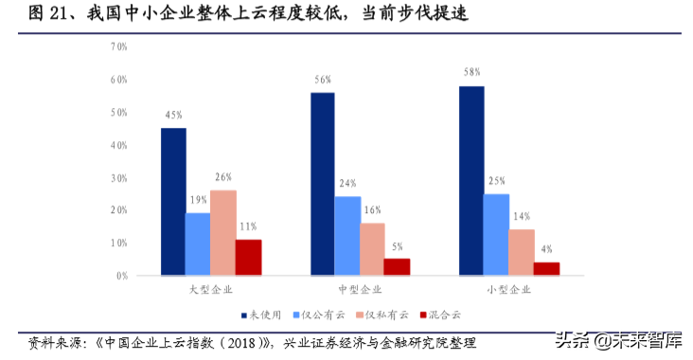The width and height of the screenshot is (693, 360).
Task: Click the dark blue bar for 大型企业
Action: [173, 202]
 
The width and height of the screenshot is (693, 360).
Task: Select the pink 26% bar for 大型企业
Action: [223, 233]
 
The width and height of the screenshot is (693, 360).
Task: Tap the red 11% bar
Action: [248, 258]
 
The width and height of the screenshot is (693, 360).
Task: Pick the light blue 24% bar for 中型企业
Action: [347, 236]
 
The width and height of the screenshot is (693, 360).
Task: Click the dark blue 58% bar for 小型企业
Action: [471, 181]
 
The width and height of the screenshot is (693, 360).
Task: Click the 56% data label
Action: [322, 80]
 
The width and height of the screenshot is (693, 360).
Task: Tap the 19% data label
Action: [198, 200]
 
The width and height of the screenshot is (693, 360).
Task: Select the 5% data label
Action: [398, 245]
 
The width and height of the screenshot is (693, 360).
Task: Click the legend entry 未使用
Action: [269, 314]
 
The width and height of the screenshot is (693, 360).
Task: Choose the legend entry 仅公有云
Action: [321, 314]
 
